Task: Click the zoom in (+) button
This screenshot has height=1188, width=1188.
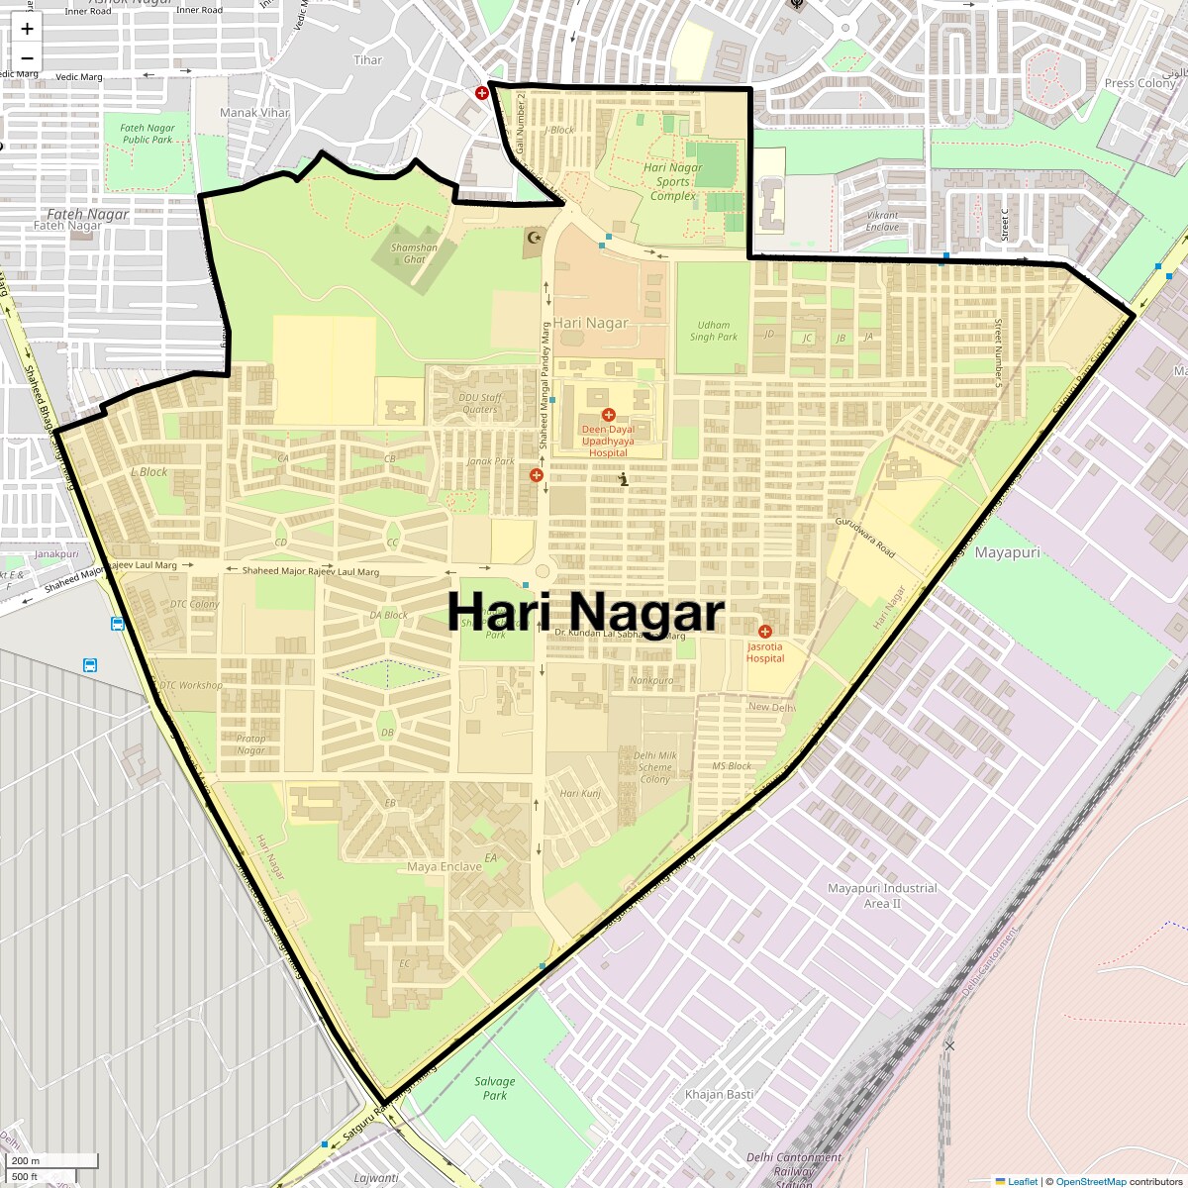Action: click(x=27, y=29)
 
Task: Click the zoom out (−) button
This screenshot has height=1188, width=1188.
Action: click(x=27, y=58)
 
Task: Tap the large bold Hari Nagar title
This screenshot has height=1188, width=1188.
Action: click(x=586, y=611)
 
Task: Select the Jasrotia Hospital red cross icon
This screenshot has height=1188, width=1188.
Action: click(x=764, y=632)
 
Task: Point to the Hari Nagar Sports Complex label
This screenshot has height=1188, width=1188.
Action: click(x=672, y=182)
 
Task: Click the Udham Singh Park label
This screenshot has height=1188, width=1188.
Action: click(x=714, y=331)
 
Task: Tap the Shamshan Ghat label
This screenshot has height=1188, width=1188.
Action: click(x=414, y=253)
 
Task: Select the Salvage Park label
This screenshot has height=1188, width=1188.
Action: click(x=494, y=1088)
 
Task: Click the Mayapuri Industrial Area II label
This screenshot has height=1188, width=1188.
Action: click(x=882, y=896)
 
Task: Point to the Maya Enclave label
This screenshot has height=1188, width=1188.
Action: click(x=445, y=866)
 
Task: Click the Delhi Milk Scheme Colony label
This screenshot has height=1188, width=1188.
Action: click(x=654, y=767)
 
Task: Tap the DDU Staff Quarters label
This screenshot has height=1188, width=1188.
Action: click(x=480, y=403)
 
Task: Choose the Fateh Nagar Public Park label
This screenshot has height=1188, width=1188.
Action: click(x=148, y=134)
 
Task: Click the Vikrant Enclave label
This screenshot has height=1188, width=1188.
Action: click(x=882, y=221)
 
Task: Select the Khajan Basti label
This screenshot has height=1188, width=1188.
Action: click(x=719, y=1094)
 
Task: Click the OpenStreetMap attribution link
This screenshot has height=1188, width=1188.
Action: click(x=1090, y=1181)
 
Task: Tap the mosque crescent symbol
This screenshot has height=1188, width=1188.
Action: click(x=536, y=237)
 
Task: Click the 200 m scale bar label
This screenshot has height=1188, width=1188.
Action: click(x=27, y=1160)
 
